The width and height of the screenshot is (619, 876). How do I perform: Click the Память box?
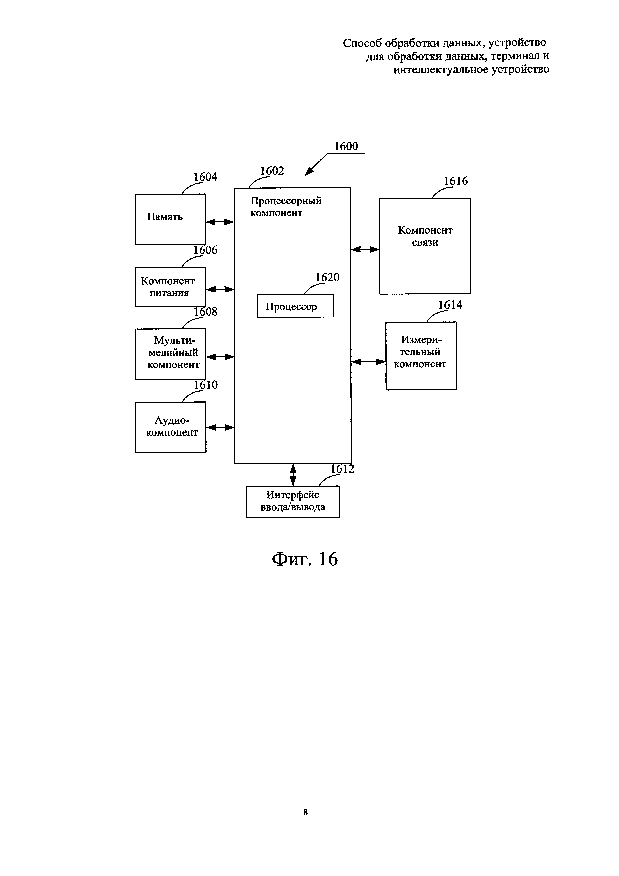[x=170, y=219]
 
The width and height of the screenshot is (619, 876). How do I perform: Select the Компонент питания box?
[x=170, y=287]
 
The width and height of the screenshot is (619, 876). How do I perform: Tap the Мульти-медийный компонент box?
[x=171, y=354]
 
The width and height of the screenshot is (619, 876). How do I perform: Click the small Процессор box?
[x=295, y=306]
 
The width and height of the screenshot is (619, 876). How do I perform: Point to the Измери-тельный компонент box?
[x=421, y=356]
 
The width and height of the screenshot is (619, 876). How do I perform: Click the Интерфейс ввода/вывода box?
[x=293, y=501]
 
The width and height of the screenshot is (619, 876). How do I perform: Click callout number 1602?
[x=272, y=171]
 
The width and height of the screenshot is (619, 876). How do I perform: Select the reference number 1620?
[x=327, y=277]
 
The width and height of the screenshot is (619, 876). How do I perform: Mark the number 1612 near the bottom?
[x=342, y=469]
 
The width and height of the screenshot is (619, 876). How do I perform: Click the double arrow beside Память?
[x=220, y=222]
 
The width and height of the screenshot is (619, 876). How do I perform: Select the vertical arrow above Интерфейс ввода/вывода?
[x=293, y=475]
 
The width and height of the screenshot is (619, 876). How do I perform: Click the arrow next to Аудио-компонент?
[x=220, y=427]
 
